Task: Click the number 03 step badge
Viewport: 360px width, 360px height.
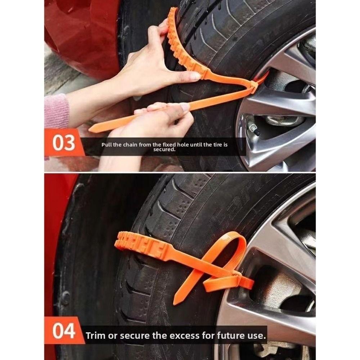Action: pos(64,143)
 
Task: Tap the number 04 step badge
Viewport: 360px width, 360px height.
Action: pos(64,331)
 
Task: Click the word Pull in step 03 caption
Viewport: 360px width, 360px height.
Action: pos(107,144)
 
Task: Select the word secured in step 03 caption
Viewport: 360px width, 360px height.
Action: pos(164,149)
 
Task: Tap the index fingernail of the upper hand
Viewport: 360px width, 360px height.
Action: pos(195,76)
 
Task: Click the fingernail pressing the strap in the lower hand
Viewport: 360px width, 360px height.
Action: pos(185,107)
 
